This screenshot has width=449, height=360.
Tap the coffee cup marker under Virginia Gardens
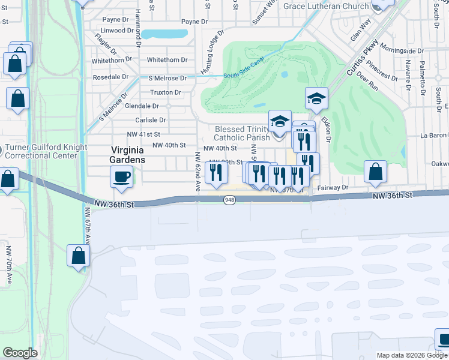122,176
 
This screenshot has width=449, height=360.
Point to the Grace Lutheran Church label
326,7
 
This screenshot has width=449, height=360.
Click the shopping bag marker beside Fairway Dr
375,172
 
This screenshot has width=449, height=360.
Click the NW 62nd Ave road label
197,172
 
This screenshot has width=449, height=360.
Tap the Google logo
20,353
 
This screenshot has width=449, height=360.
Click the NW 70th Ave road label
8,264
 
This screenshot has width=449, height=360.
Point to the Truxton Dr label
165,92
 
